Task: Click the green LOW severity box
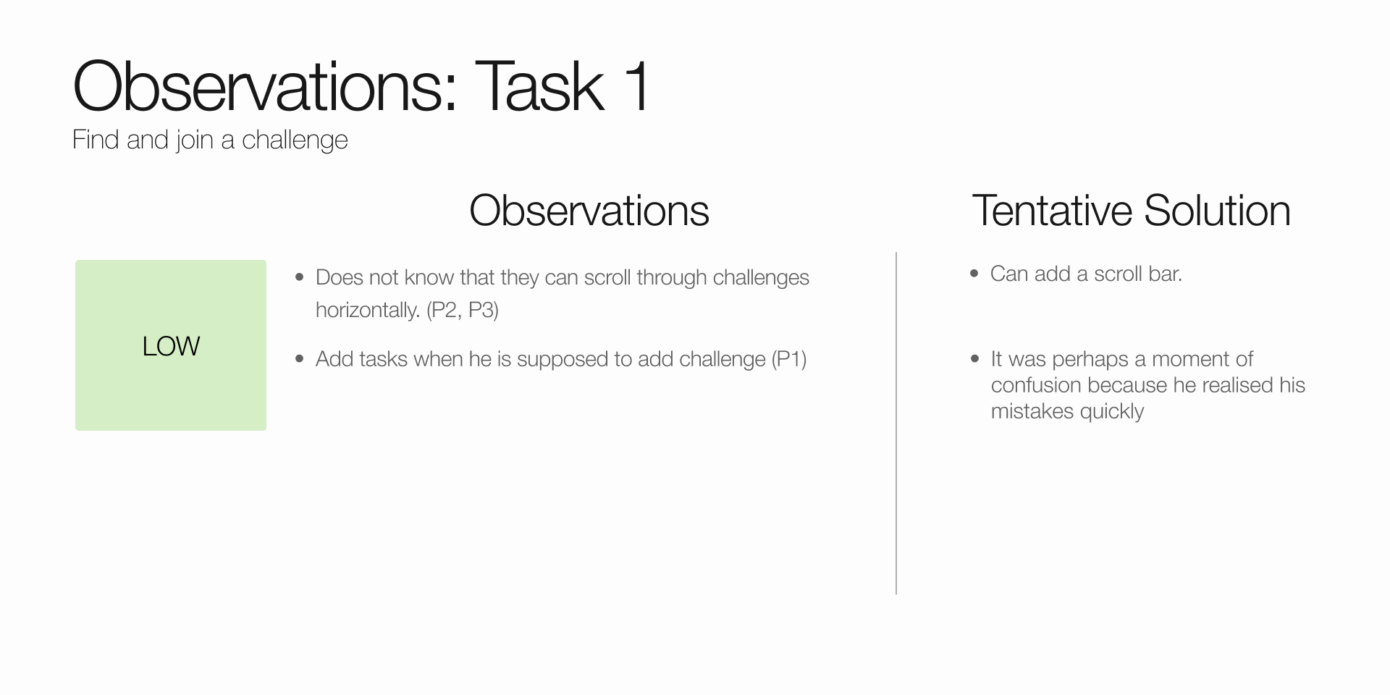point(171,345)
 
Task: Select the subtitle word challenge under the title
point(295,140)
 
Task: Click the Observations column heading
point(589,211)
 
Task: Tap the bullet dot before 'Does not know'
point(300,277)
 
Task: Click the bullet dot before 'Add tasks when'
point(300,359)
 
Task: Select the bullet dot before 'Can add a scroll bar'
point(974,274)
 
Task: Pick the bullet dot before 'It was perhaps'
point(974,359)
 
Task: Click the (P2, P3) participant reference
point(463,311)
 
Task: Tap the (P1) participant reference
point(789,359)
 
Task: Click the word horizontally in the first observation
point(368,311)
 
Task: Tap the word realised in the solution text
point(1237,385)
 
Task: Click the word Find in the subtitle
point(96,140)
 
